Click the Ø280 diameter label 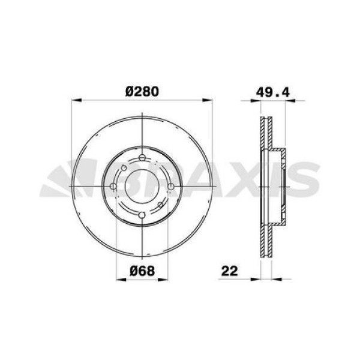click(142, 91)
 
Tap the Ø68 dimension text click(142, 270)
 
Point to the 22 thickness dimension click(229, 270)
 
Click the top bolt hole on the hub click(142, 158)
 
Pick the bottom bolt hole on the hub click(142, 216)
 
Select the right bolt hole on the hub click(170, 187)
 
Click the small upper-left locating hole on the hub click(122, 168)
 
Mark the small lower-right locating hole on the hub click(161, 206)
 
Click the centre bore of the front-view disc click(142, 187)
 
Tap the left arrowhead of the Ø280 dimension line click(74, 100)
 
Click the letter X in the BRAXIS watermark click(246, 179)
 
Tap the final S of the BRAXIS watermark click(306, 179)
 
